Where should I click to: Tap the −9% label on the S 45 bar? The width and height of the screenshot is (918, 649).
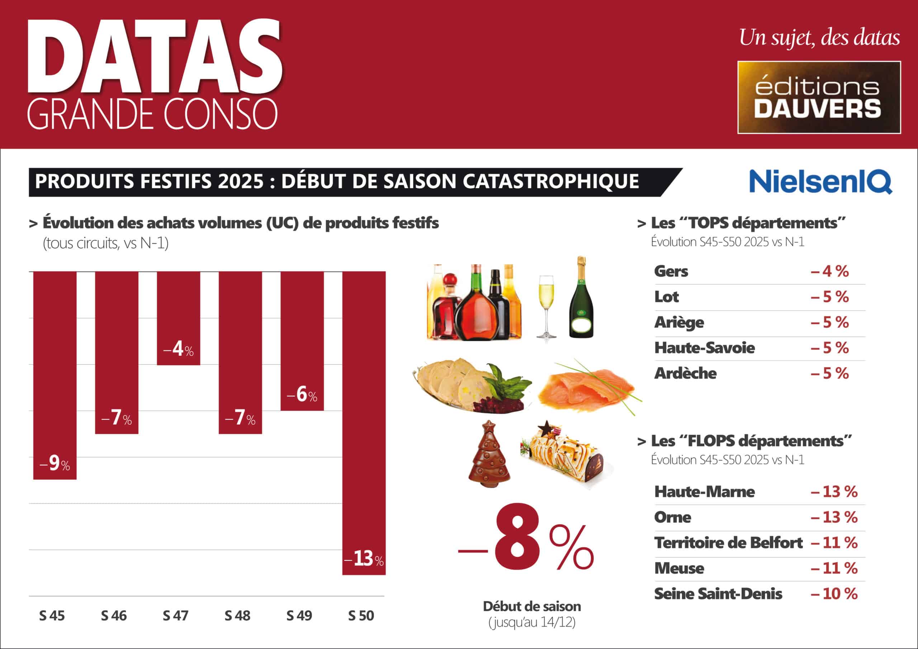pos(55,464)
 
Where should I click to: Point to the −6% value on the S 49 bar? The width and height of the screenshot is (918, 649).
pos(302,395)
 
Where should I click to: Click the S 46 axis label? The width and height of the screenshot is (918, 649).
pos(114,615)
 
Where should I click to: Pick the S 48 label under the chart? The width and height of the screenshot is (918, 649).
pos(237,615)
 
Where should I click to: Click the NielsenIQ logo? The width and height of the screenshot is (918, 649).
pos(820,181)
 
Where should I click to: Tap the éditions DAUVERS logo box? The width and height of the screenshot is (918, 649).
pos(819,97)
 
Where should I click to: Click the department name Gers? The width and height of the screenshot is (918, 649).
pos(671,271)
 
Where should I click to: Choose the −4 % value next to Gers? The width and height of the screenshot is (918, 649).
pos(830,271)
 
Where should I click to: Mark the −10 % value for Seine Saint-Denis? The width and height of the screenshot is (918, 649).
pos(834,594)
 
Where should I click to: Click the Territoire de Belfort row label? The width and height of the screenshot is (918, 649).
pos(728,543)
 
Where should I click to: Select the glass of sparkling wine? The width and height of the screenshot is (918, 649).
pos(546,306)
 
